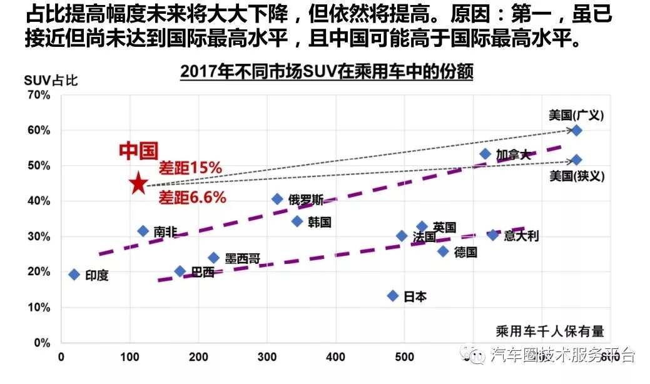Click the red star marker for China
click(138, 184)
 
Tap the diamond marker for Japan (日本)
click(393, 296)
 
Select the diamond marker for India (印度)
click(74, 275)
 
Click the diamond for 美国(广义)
click(577, 130)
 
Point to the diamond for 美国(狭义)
click(577, 160)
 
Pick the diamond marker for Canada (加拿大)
click(485, 154)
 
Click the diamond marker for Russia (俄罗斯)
click(278, 200)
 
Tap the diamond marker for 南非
click(143, 231)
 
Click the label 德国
click(466, 252)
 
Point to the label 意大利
click(521, 236)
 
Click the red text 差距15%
click(190, 168)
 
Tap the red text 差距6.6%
click(191, 198)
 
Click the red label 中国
click(138, 151)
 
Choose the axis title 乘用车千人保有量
click(550, 331)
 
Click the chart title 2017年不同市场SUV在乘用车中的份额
click(327, 72)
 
